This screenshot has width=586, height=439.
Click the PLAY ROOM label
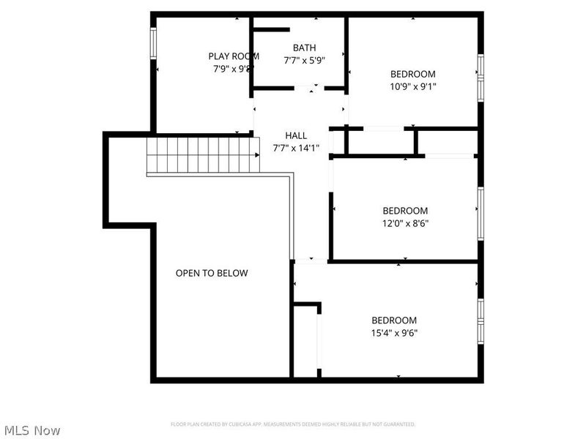point(234,56)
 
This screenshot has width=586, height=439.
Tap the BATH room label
point(304,48)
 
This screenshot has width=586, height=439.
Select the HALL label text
point(296,135)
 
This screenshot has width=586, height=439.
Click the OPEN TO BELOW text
point(211,273)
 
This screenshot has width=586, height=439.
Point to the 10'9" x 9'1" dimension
point(412,86)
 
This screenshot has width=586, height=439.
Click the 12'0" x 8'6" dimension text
point(405,223)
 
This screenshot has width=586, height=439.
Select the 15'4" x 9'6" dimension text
point(394,332)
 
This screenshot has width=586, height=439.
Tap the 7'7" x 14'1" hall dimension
point(296,148)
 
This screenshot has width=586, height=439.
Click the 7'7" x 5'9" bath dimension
point(304,61)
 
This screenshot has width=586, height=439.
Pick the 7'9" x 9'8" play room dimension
point(232,69)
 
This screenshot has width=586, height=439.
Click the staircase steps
point(203,154)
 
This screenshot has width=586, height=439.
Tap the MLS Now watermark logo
point(31,430)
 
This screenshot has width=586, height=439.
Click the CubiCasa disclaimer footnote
point(293,424)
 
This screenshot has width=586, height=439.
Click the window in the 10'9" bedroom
point(481,76)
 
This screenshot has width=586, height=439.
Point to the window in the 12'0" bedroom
point(481,212)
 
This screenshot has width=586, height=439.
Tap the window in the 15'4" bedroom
point(481,320)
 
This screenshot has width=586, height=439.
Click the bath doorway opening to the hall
point(310,89)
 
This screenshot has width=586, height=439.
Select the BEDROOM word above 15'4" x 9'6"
point(394,320)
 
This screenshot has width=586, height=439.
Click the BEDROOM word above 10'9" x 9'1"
point(412,74)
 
